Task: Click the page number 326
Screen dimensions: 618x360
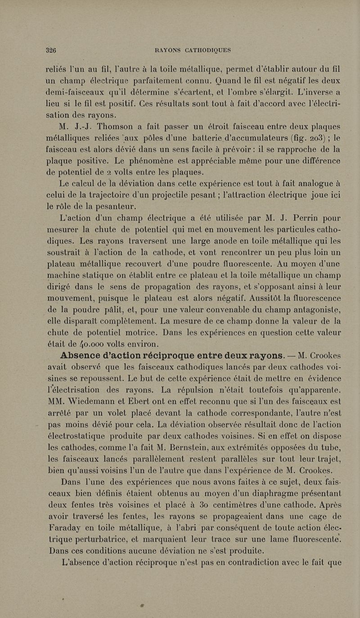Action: pos(54,50)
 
